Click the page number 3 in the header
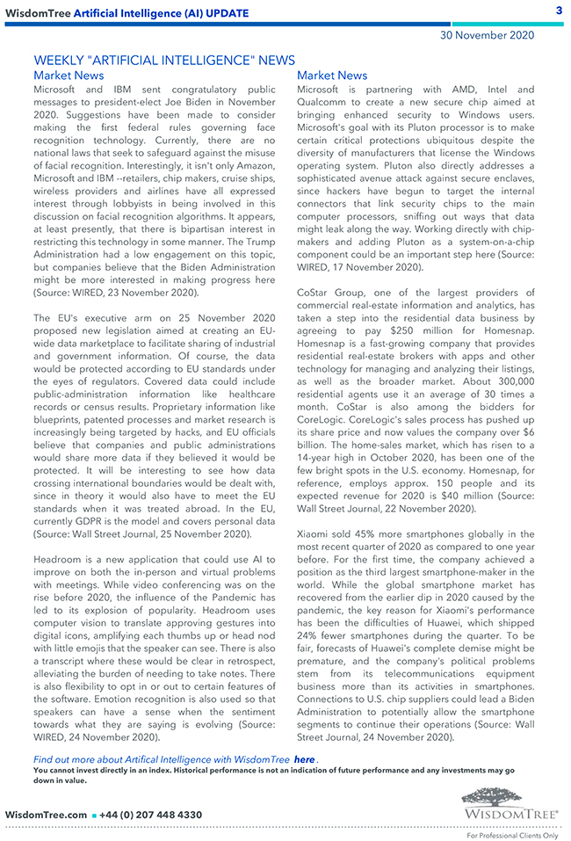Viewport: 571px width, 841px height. point(559,11)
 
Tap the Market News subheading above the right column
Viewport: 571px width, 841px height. point(332,76)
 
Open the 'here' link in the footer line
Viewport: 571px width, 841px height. point(304,758)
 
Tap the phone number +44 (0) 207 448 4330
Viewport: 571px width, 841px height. point(152,815)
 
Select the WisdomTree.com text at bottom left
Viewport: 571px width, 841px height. point(46,815)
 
